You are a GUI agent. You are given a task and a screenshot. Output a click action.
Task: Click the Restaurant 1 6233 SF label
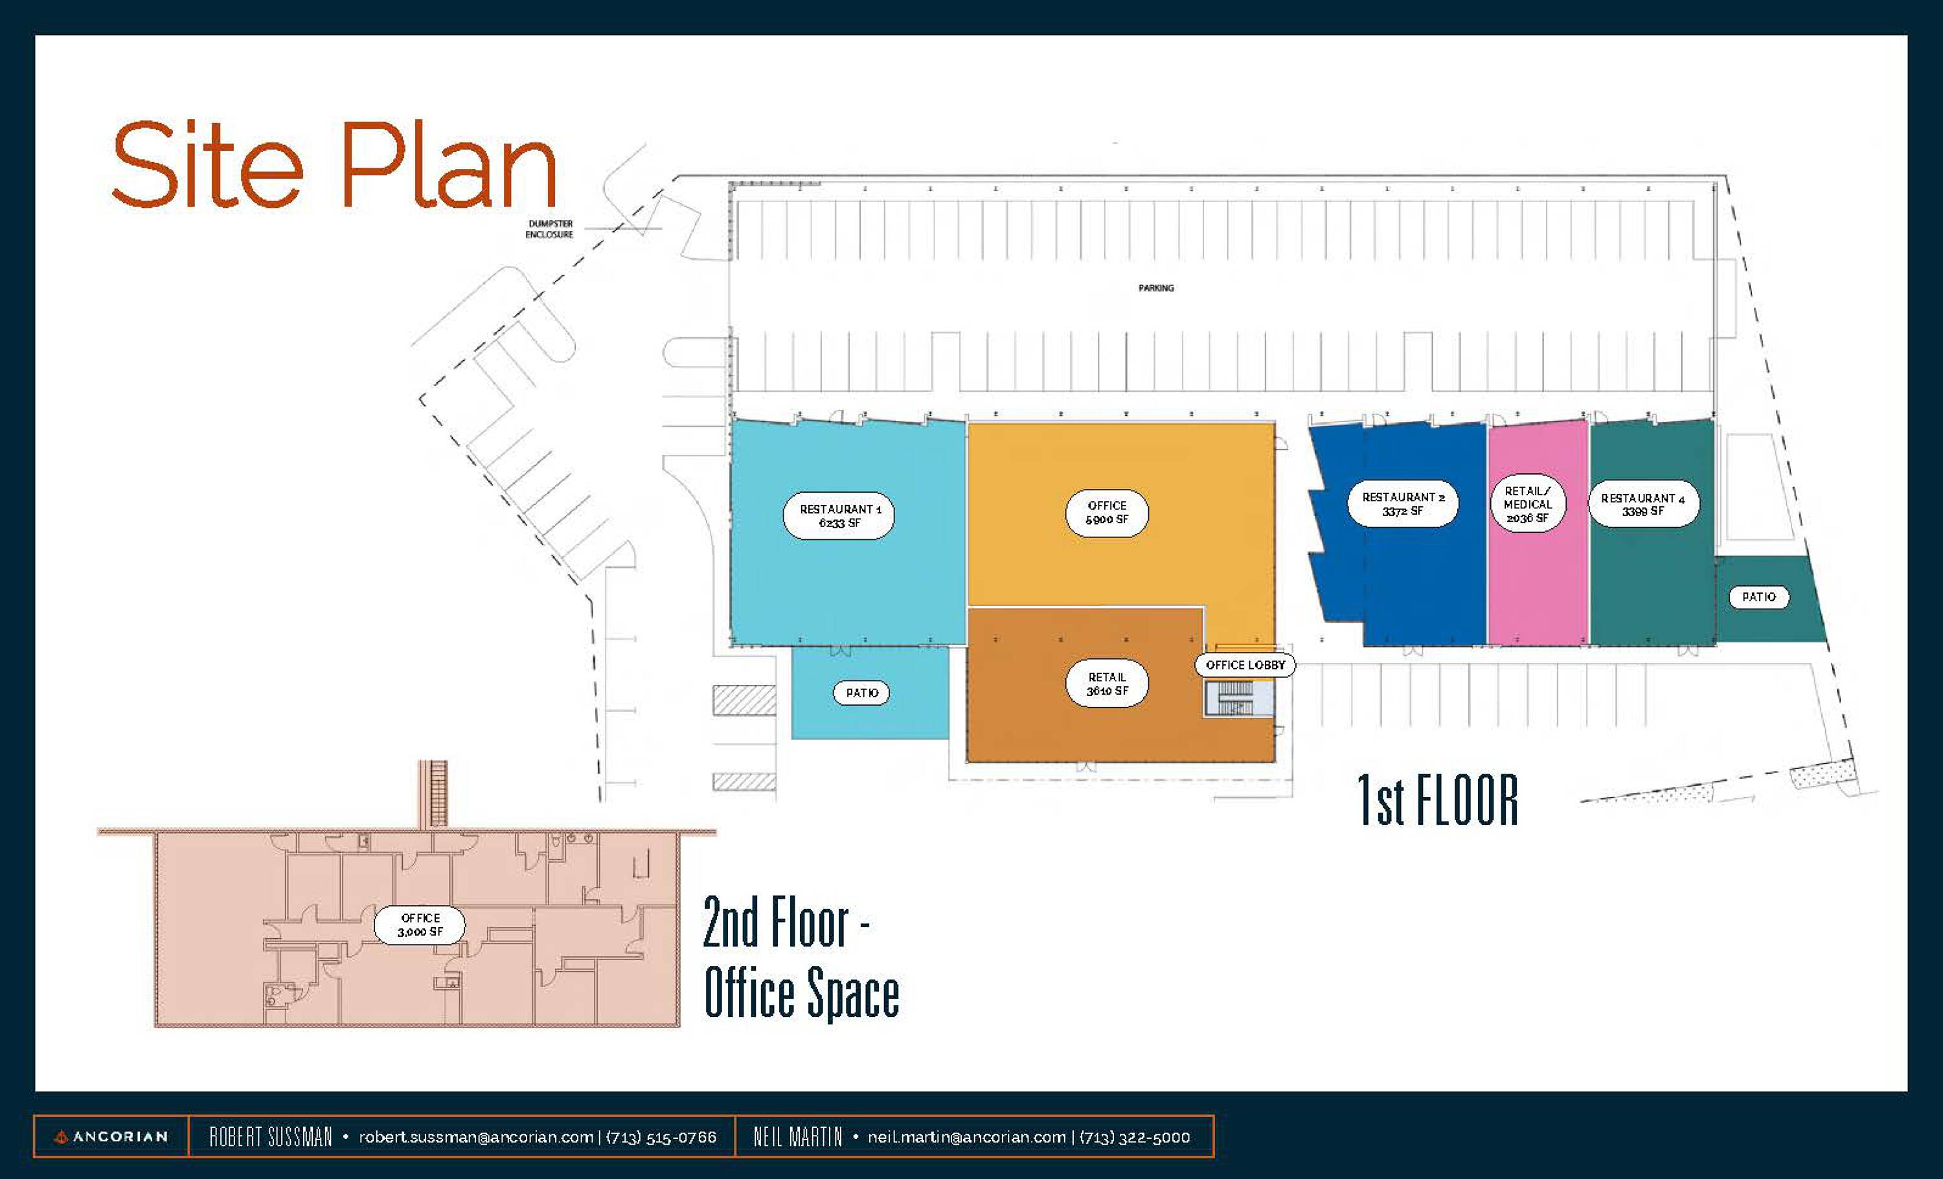point(838,516)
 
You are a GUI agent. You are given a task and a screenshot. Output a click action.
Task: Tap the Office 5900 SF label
point(1106,512)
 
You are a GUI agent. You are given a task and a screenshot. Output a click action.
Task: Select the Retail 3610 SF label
point(1106,683)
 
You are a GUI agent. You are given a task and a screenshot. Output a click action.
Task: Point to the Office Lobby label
point(1245,665)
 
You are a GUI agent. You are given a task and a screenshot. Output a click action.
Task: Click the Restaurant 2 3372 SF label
point(1403,504)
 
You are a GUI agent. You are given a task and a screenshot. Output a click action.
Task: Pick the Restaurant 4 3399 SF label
point(1642,504)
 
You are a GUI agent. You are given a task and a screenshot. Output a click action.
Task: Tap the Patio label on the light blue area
point(862,693)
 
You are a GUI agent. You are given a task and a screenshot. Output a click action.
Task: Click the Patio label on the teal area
point(1758,596)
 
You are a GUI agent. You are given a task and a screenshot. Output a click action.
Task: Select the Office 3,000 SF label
point(420,925)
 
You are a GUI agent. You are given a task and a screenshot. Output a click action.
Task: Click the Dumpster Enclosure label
point(550,229)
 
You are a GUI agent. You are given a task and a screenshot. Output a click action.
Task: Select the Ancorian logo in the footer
point(110,1136)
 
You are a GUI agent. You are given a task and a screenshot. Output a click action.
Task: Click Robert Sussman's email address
point(475,1137)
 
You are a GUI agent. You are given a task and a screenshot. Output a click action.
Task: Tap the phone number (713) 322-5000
point(1134,1137)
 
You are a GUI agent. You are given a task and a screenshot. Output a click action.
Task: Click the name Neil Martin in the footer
point(797,1137)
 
